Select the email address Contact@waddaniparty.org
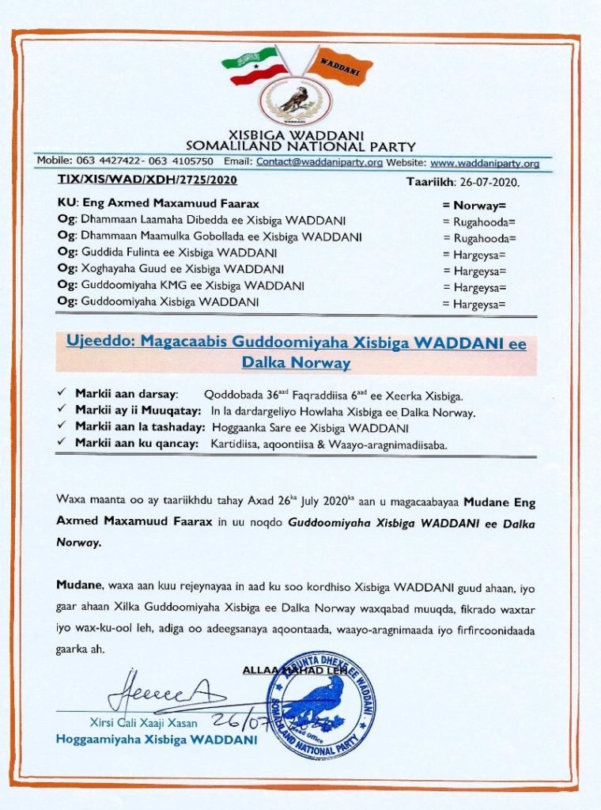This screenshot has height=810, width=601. click(x=319, y=163)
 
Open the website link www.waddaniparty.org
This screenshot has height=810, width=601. click(x=484, y=164)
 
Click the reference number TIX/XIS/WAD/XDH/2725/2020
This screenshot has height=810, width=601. click(x=146, y=180)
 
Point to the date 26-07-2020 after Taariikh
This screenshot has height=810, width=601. click(x=493, y=182)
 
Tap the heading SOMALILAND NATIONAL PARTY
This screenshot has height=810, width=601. click(x=300, y=146)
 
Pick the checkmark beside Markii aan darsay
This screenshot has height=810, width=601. click(x=62, y=394)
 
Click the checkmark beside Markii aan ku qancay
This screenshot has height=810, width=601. click(x=62, y=444)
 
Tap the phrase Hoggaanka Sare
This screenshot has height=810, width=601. click(x=243, y=427)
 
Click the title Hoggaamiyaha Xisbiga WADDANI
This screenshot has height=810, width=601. click(x=156, y=740)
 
